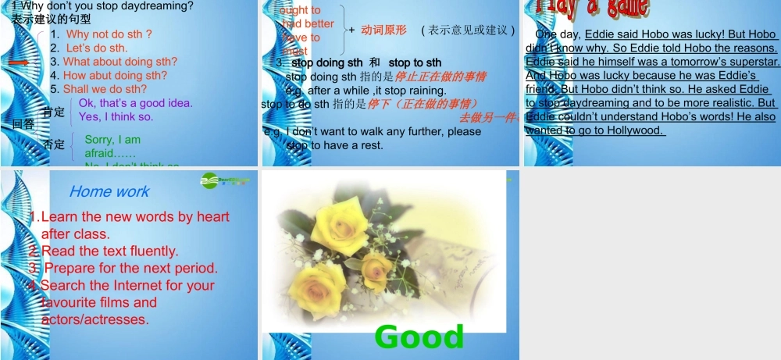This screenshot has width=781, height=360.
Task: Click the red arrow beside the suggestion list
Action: point(19,62)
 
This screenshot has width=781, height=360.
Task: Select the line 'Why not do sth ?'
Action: point(109,34)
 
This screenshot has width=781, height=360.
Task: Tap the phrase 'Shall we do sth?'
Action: point(105,89)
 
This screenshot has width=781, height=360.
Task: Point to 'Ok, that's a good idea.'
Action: point(135,103)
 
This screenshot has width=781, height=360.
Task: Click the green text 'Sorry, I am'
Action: point(112,140)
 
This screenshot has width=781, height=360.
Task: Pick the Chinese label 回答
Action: point(23,123)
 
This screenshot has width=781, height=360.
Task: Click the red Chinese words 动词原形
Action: point(383,30)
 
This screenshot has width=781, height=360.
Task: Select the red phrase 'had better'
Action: point(308,24)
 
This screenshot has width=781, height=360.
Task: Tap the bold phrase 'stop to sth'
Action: point(415,62)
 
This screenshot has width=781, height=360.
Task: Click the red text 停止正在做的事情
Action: point(440,77)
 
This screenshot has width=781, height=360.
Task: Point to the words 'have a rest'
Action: point(356,145)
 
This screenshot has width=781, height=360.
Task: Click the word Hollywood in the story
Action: point(633,130)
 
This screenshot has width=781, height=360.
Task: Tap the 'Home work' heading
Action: point(109,191)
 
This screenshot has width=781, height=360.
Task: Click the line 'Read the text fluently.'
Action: point(109,251)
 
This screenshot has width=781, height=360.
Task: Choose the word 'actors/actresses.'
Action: point(95,319)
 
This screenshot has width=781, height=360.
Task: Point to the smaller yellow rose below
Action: point(376,268)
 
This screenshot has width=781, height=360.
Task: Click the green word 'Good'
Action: point(419,337)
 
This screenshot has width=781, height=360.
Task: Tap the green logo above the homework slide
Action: point(225,180)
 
